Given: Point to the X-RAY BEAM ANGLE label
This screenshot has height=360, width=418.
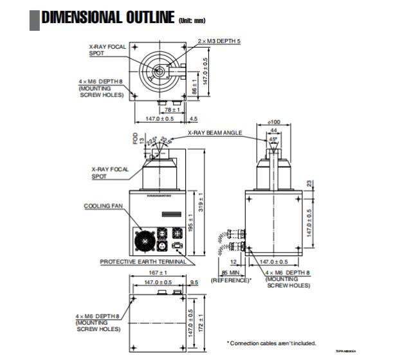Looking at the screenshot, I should (215, 132).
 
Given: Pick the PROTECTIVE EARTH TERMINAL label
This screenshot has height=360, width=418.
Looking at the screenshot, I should (143, 262).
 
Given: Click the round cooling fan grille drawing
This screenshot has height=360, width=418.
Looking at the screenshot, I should (145, 242).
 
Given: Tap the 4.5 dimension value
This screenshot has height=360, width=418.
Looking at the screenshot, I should (194, 118).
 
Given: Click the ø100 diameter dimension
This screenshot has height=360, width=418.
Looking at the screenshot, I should (275, 122).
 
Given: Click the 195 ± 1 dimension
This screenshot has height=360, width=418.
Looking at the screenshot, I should (192, 223).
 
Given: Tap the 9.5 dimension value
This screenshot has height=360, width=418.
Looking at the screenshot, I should (194, 282).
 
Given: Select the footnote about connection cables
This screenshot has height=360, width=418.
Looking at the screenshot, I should (271, 343).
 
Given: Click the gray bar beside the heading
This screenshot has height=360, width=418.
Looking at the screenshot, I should (35, 18).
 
